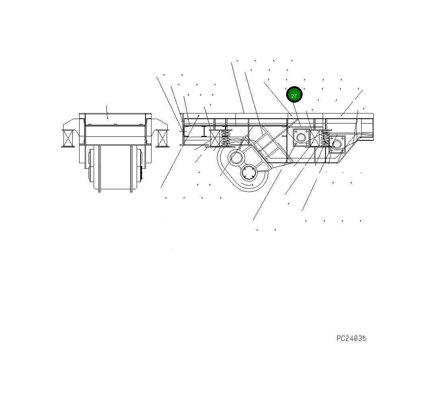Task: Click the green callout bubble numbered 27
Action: [x=294, y=95]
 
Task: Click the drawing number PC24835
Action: [x=351, y=338]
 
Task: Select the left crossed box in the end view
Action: [x=68, y=138]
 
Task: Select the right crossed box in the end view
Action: [x=162, y=138]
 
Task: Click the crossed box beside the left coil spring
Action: [x=215, y=138]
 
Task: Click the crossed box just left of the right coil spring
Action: [x=315, y=138]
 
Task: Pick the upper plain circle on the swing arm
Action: [x=235, y=158]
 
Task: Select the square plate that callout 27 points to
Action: [x=301, y=138]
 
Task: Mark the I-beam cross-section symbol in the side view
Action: [x=204, y=131]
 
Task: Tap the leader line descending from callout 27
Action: [x=297, y=114]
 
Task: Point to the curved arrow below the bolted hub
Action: [x=250, y=186]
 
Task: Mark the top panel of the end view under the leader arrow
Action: [x=115, y=119]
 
